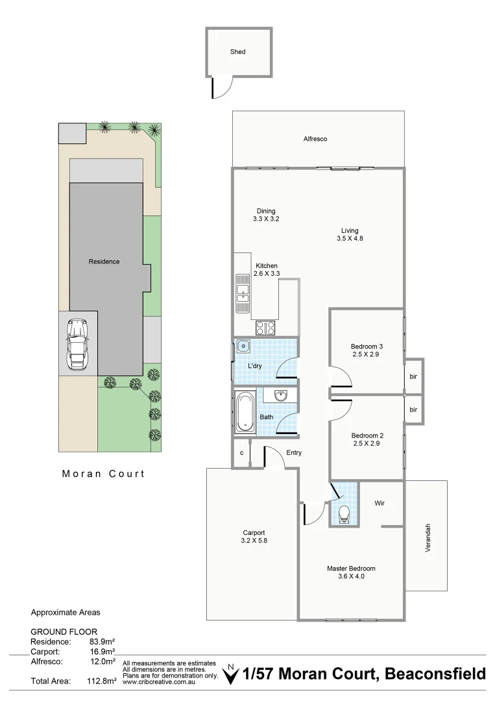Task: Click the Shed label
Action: pos(237,52)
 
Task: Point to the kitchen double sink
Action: pos(243,293)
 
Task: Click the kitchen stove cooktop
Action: pos(265,328)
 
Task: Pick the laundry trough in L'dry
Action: pos(243,346)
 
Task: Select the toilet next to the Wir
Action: pos(344,513)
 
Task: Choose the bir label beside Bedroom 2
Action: pos(413,410)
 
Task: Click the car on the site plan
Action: pos(78,343)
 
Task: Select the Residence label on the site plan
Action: pos(104,262)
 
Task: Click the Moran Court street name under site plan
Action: pos(103,474)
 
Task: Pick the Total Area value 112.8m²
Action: pos(103,682)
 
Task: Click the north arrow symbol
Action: pos(229,676)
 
